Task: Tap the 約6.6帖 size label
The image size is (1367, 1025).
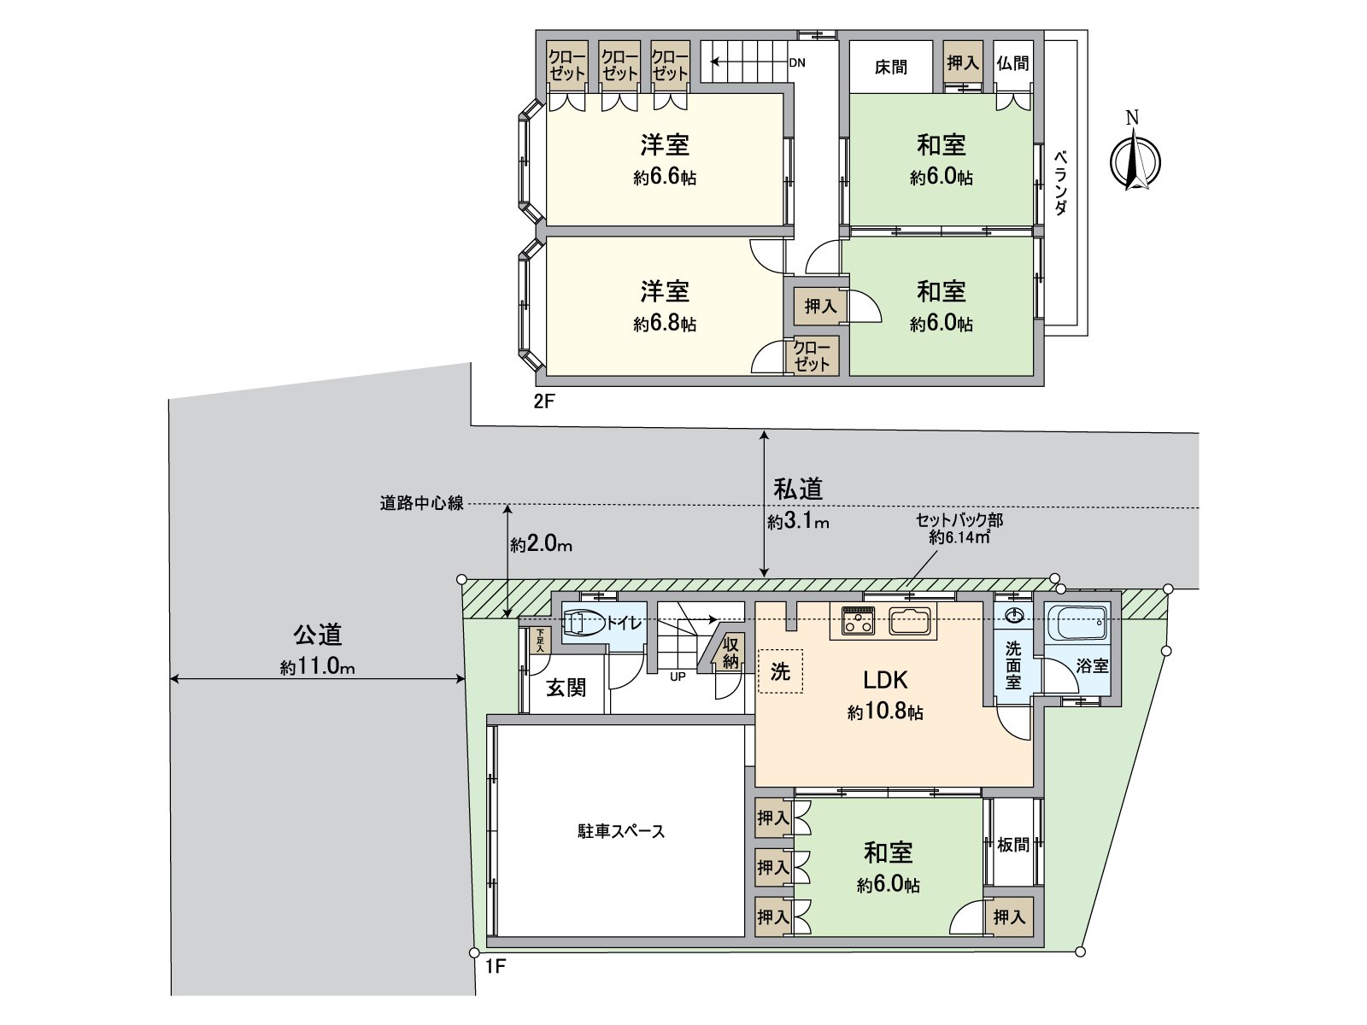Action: (x=664, y=178)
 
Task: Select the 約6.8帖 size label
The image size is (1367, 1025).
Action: (x=664, y=324)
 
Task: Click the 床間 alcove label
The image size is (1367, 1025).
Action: (x=890, y=67)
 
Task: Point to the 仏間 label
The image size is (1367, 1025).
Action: (x=1012, y=63)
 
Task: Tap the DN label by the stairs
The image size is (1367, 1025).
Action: (x=796, y=62)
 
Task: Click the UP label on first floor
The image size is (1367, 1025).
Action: (x=678, y=676)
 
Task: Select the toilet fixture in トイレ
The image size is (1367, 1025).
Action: (x=583, y=624)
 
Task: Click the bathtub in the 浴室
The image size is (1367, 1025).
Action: (x=1077, y=623)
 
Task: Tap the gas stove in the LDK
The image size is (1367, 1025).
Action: (x=859, y=621)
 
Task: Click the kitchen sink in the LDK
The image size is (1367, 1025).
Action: (x=912, y=620)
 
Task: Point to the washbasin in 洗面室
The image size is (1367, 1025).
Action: (x=1014, y=617)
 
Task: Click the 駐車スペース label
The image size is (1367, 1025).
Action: (x=620, y=831)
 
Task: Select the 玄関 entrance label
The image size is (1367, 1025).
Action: (x=566, y=688)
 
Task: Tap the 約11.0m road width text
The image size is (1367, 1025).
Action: (x=317, y=668)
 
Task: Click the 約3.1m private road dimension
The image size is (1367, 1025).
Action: (x=798, y=521)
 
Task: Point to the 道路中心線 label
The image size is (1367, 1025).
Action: (x=421, y=504)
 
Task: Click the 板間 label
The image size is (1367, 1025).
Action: (x=1013, y=845)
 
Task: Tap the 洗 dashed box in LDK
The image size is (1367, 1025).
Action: (x=780, y=671)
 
